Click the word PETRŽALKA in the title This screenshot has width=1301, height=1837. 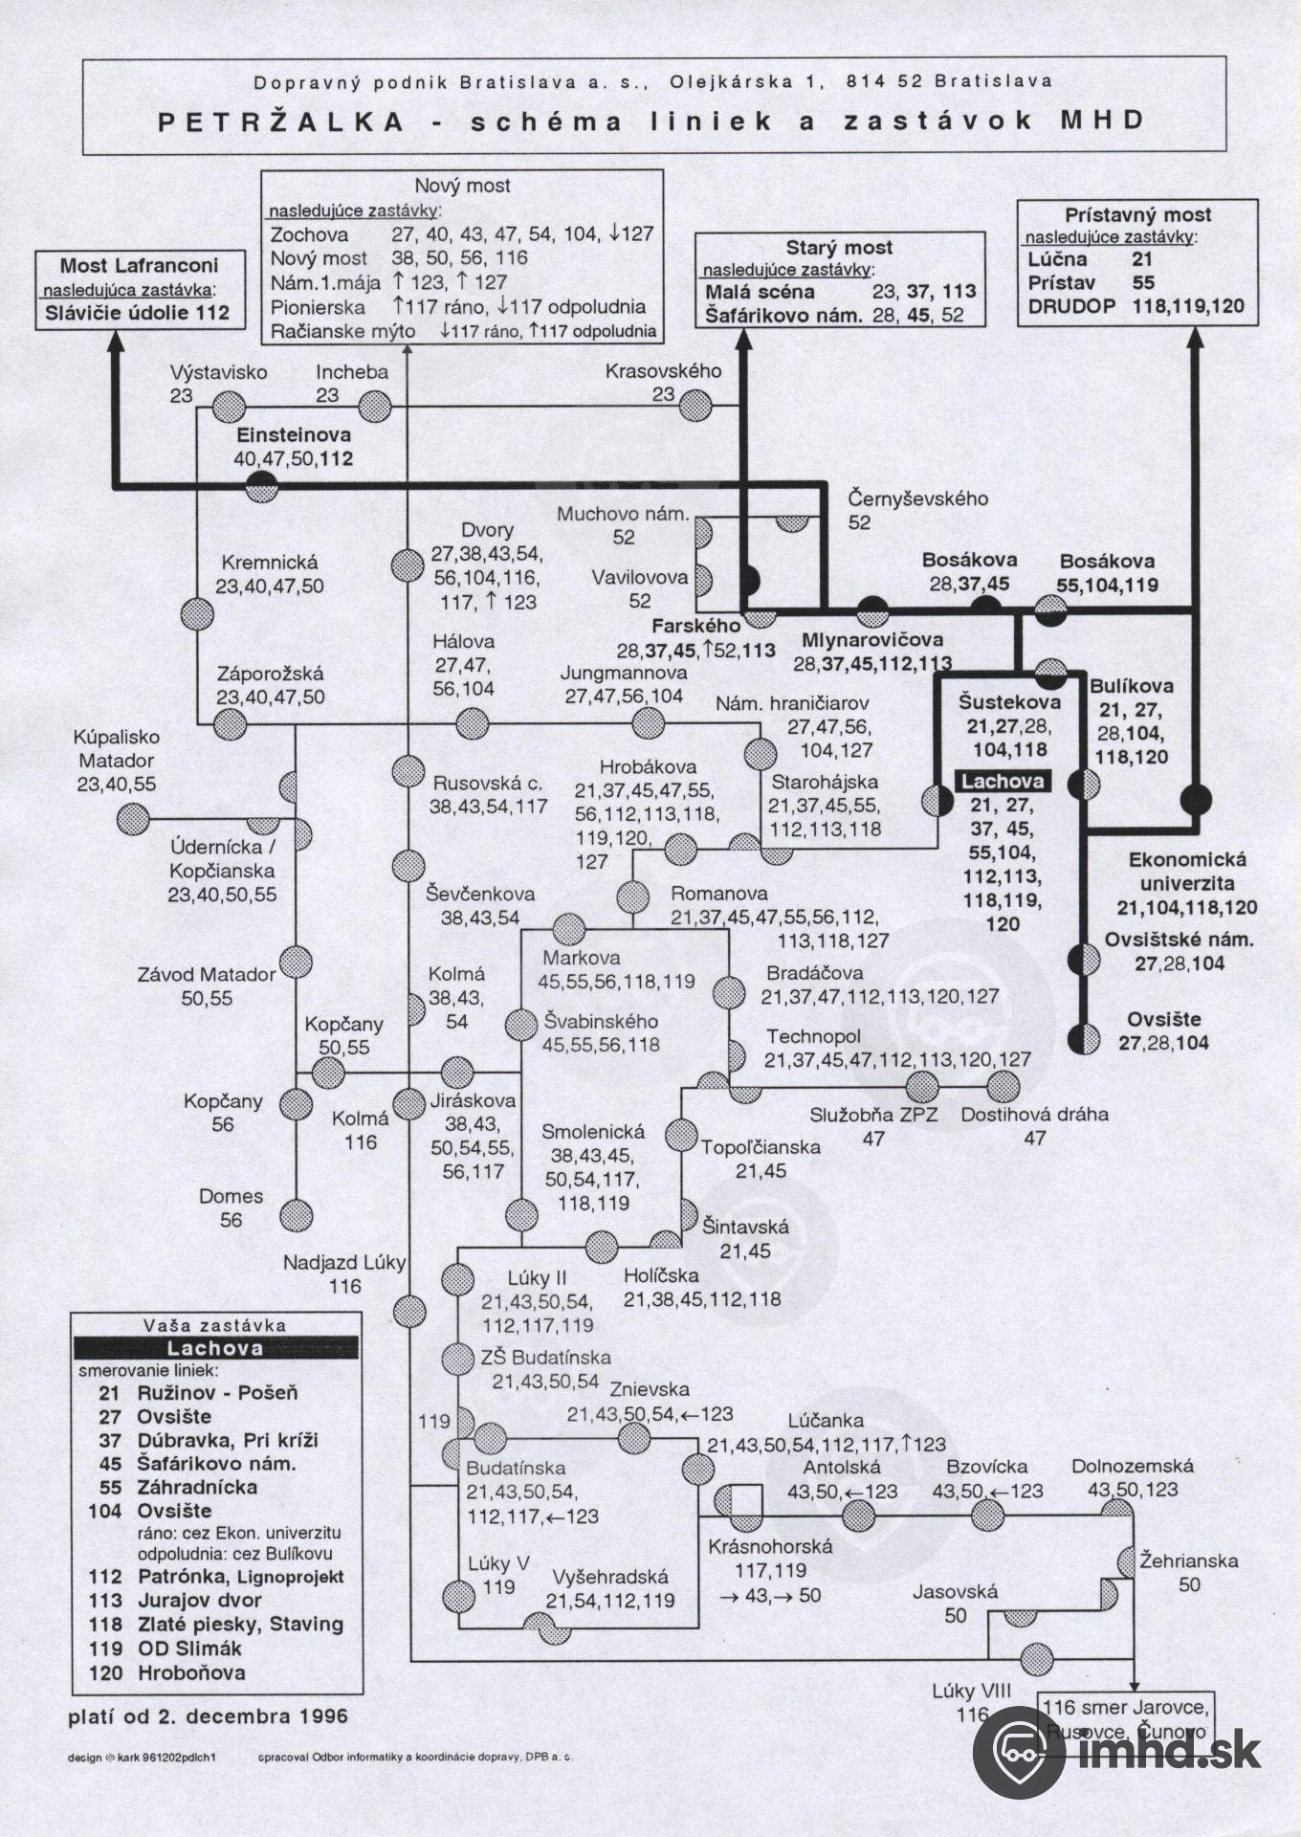[280, 122]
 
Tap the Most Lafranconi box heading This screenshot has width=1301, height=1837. [140, 265]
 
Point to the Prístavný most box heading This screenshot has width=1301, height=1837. [1137, 215]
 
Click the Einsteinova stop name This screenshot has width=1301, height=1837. [295, 435]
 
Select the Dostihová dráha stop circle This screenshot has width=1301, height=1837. [1004, 1086]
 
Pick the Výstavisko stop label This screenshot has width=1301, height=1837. [219, 372]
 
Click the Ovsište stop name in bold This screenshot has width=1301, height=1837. [1163, 1019]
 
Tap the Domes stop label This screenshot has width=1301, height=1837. [231, 1196]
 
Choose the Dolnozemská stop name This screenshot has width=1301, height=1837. [1132, 1466]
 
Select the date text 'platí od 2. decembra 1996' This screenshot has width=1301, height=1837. [209, 1715]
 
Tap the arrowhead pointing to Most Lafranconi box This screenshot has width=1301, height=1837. [116, 342]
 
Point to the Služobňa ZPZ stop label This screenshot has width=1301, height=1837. [873, 1115]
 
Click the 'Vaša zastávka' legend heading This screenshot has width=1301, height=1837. [215, 1326]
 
